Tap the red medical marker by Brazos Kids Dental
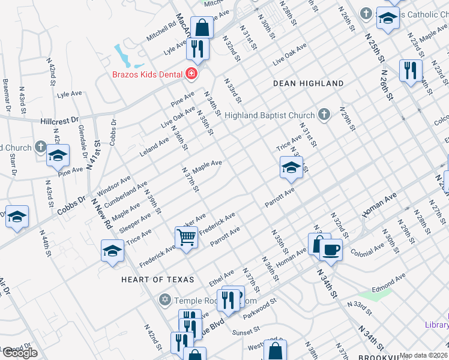(191, 74)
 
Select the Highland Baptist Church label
(270, 115)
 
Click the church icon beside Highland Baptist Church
(324, 115)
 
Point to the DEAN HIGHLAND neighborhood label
(308, 84)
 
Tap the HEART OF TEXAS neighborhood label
(157, 280)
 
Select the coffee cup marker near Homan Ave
(331, 249)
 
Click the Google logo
(19, 352)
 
